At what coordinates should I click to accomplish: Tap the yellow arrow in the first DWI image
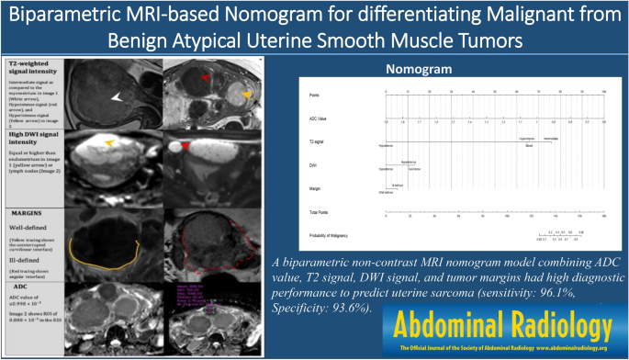click(109, 143)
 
